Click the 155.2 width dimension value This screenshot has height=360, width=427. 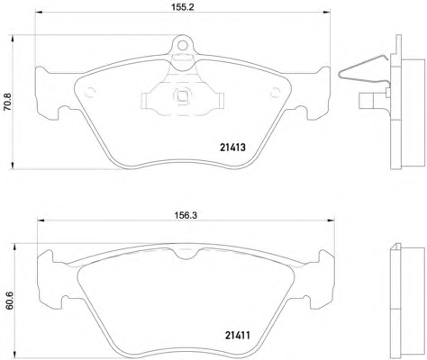coord(183,7)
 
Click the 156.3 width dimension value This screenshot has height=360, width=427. coord(186,215)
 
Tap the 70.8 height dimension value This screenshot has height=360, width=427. coord(7,102)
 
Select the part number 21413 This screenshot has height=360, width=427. coord(232,148)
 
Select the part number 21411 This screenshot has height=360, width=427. coord(237,335)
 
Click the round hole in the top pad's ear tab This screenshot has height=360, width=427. coord(182,45)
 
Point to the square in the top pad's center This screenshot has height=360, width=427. coord(182,96)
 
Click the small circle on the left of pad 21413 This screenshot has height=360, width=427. coord(90,93)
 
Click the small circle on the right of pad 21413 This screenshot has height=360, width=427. coord(275,93)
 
